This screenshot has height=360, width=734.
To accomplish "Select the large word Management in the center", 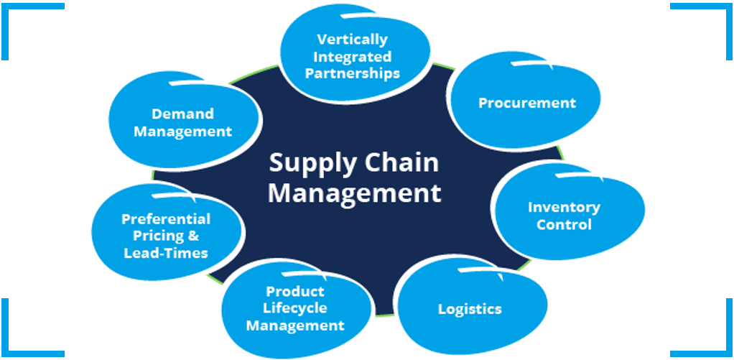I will pyautogui.click(x=355, y=193).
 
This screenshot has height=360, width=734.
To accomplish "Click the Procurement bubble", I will pyautogui.click(x=526, y=103).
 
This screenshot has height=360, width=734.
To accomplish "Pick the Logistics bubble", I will pyautogui.click(x=470, y=310).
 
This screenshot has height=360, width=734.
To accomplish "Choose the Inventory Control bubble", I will pyautogui.click(x=564, y=216).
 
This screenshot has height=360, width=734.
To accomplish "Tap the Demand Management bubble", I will pyautogui.click(x=182, y=123).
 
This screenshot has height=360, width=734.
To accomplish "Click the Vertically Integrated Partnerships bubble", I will pyautogui.click(x=352, y=56).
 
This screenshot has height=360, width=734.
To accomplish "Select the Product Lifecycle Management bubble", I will pyautogui.click(x=295, y=308).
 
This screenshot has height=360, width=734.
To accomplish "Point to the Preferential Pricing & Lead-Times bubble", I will pyautogui.click(x=166, y=236).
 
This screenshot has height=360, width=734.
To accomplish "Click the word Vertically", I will pyautogui.click(x=352, y=39).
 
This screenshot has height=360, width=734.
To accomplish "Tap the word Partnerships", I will pyautogui.click(x=352, y=73).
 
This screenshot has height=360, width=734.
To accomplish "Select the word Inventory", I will pyautogui.click(x=564, y=207).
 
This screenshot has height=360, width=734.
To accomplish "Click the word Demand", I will pyautogui.click(x=182, y=114).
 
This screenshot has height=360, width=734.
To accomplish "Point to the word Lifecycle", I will pyautogui.click(x=295, y=308).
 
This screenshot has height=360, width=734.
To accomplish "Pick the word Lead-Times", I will pyautogui.click(x=166, y=253).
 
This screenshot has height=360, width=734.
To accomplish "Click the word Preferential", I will pyautogui.click(x=166, y=219).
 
